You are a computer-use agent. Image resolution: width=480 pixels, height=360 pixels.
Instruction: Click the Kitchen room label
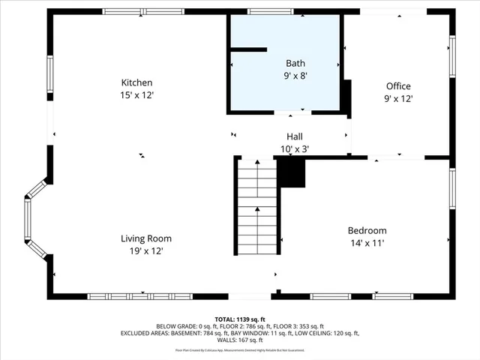click(137, 82)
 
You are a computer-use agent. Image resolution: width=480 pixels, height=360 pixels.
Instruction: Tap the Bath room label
click(295, 64)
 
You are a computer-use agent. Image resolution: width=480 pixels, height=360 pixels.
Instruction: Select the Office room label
click(398, 86)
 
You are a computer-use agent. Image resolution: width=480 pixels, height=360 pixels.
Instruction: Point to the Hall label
click(295, 136)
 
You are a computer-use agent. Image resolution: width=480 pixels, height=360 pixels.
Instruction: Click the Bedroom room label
click(367, 230)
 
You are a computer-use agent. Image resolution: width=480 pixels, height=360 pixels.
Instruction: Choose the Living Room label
click(145, 238)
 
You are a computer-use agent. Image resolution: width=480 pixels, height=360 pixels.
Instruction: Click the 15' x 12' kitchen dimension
click(137, 95)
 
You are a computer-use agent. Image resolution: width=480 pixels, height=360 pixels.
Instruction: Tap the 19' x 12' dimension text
click(145, 251)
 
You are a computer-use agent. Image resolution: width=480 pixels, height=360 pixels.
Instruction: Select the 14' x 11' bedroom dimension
click(367, 243)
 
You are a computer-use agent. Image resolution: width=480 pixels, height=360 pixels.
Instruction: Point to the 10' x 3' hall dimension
click(295, 148)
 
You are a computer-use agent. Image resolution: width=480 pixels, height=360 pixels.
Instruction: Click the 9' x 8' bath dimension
click(295, 76)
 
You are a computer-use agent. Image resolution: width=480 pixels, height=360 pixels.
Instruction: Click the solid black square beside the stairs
click(292, 173)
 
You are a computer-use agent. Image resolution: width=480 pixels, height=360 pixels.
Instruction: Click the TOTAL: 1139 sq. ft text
click(239, 319)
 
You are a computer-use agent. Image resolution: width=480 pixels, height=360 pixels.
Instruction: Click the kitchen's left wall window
click(50, 78)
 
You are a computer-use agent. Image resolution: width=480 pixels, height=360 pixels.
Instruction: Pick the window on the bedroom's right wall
click(451, 187)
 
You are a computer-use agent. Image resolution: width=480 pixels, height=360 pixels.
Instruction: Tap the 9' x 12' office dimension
click(398, 98)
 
